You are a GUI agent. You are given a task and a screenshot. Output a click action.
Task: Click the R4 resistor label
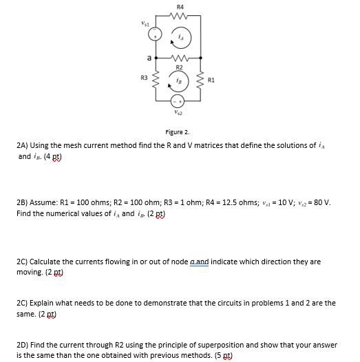coord(178,6)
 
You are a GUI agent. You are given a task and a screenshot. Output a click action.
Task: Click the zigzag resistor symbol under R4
coord(179,15)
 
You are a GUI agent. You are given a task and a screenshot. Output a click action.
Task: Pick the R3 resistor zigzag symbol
coord(156,80)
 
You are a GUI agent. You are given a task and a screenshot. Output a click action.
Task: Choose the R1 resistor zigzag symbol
coord(201,80)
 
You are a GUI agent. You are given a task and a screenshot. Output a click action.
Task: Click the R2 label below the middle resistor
coord(179,67)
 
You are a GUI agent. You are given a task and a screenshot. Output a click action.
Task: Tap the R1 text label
coord(213,79)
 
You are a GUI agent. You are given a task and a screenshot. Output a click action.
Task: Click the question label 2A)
coord(24,147)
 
